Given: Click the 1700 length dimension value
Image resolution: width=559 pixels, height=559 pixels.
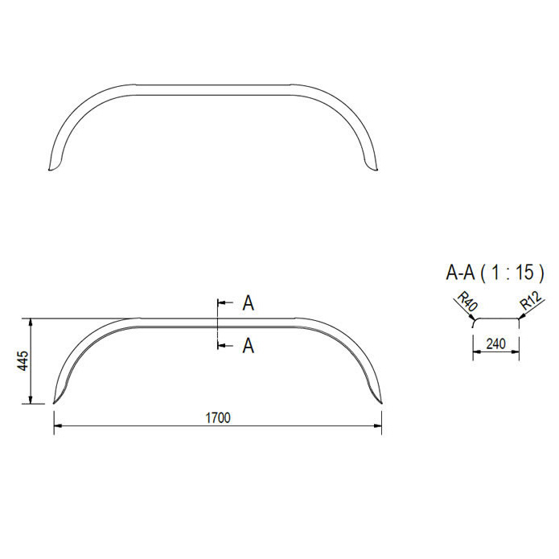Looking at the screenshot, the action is (x=218, y=417).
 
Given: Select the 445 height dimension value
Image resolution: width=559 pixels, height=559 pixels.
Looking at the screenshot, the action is (x=23, y=360).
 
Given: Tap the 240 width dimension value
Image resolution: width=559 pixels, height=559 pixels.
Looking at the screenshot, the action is (x=495, y=343).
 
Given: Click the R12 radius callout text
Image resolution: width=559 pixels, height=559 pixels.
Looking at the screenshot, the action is (x=531, y=300).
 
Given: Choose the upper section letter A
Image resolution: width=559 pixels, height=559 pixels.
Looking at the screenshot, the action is (x=248, y=303).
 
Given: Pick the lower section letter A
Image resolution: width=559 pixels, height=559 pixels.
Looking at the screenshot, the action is (x=248, y=345).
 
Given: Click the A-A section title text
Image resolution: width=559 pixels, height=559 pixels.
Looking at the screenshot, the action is (x=460, y=273).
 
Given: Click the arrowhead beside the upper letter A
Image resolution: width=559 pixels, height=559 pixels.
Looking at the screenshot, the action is (x=221, y=303).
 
